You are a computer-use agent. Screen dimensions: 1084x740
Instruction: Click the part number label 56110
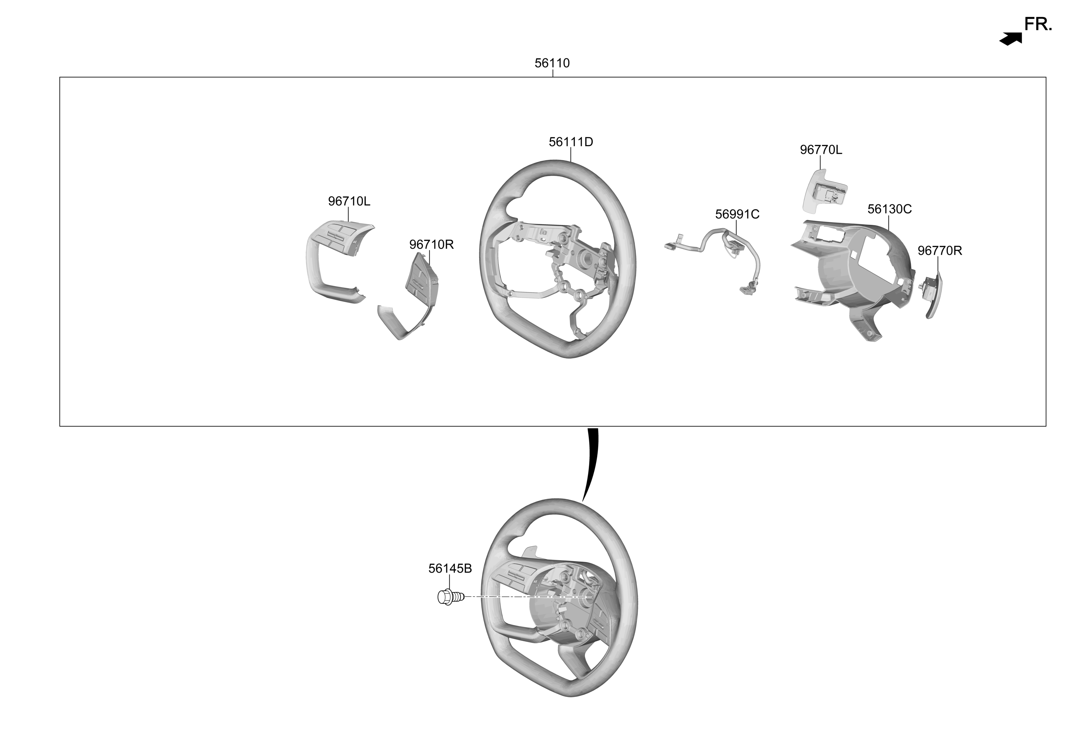click(552, 63)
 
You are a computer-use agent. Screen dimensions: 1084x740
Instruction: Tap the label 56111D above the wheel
click(571, 142)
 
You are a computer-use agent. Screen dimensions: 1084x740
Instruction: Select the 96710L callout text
click(349, 201)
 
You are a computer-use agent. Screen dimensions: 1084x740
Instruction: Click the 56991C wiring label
click(737, 214)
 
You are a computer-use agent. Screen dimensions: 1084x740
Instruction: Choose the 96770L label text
click(821, 150)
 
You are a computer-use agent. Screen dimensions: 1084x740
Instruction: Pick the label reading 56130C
click(889, 209)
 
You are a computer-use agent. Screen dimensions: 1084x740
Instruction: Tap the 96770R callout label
click(939, 251)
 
